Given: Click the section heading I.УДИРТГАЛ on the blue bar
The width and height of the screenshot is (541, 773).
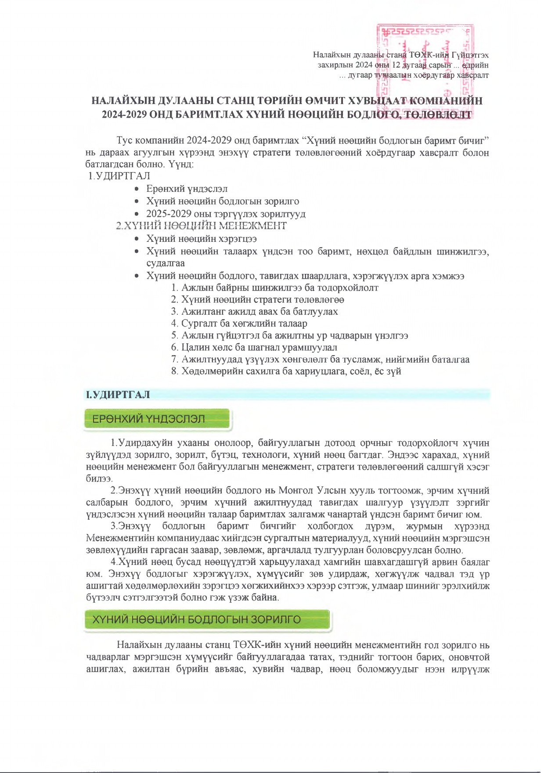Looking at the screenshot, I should [118, 395].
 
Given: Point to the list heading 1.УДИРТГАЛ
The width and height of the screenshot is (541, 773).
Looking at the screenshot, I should [119, 176].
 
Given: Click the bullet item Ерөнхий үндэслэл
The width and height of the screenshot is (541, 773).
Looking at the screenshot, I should [187, 189].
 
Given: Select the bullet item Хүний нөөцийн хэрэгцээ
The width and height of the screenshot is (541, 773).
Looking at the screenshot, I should [202, 239].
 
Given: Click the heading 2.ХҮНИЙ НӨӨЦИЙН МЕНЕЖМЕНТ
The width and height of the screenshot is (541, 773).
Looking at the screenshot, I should [202, 226].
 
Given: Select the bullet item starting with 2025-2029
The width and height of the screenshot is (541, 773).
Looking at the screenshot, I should [226, 214].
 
